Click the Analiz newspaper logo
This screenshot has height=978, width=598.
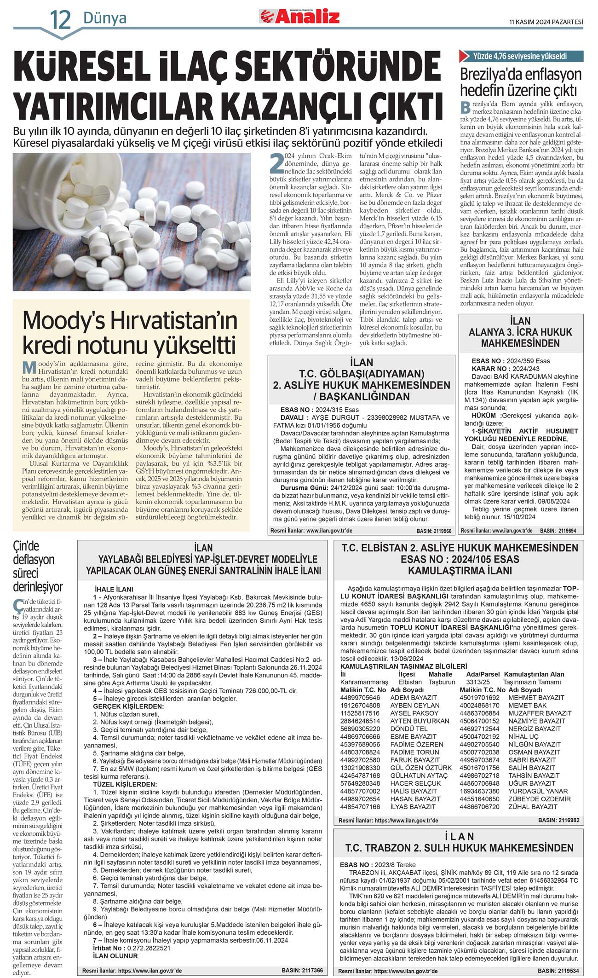pos(300,17)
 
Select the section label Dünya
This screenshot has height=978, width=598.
pos(105,18)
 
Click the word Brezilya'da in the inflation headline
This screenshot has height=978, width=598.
pos(491,75)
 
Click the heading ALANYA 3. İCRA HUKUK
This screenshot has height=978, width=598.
pos(520,332)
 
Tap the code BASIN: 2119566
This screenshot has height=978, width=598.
pos(434,531)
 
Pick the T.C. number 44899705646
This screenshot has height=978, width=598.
pos(360,697)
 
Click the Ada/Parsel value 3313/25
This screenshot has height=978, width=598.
pos(477,682)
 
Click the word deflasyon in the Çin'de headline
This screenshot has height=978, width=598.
pos(34,560)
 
